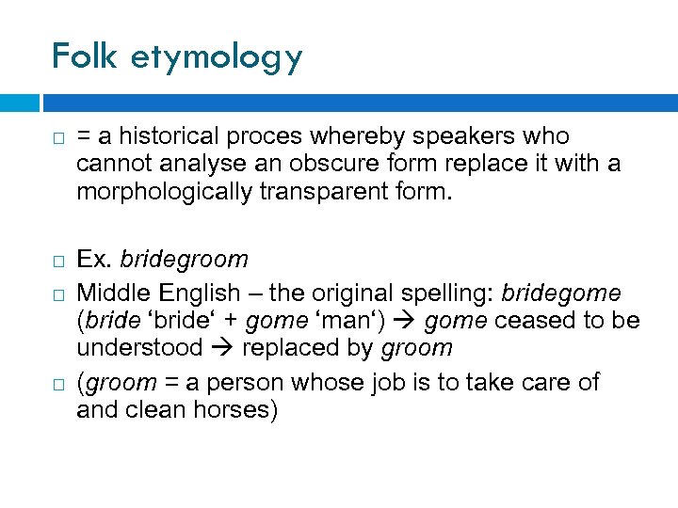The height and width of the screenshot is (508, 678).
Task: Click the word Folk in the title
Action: click(84, 56)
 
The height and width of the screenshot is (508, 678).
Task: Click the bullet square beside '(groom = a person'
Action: click(57, 384)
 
